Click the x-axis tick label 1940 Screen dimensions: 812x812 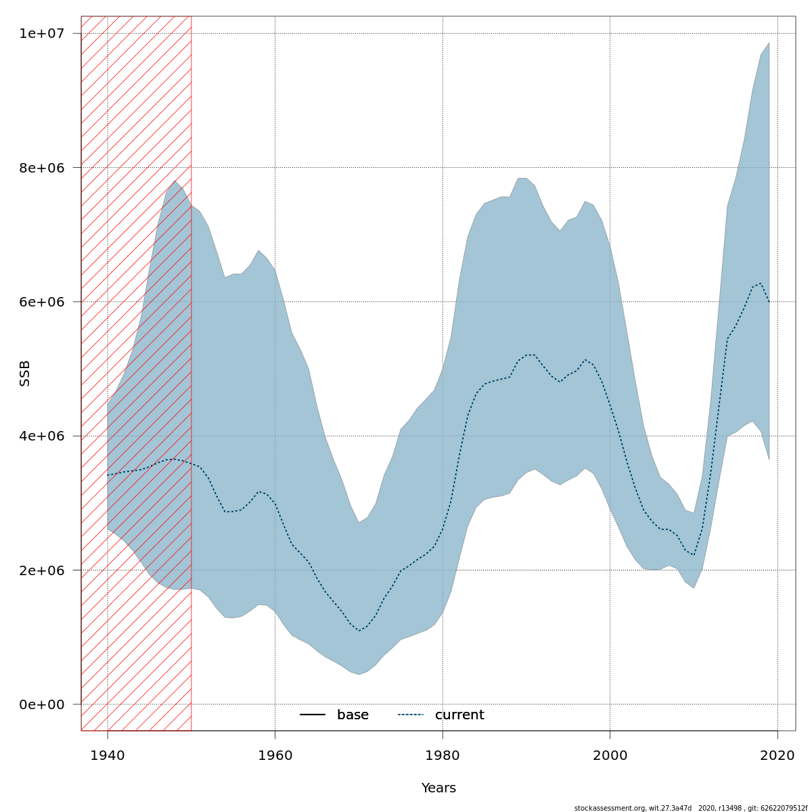108,754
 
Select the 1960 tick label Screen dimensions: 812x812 275,754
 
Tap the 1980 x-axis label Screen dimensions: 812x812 443,754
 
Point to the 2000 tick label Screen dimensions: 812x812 610,754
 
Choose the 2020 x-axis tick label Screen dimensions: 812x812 777,754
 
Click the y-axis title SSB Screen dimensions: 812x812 25,374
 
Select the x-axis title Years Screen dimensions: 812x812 438,788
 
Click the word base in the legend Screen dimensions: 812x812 353,715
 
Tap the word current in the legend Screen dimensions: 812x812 459,715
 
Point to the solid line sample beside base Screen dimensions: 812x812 313,715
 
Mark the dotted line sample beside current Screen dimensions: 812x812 410,715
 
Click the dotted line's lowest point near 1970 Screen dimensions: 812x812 359,631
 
